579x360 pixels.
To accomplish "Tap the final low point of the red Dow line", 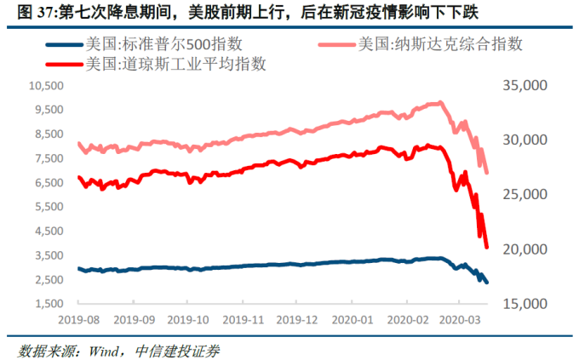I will pos(487,248).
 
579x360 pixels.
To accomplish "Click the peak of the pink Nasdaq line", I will pos(439,102).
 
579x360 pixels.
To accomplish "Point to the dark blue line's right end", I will pos(487,283).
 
